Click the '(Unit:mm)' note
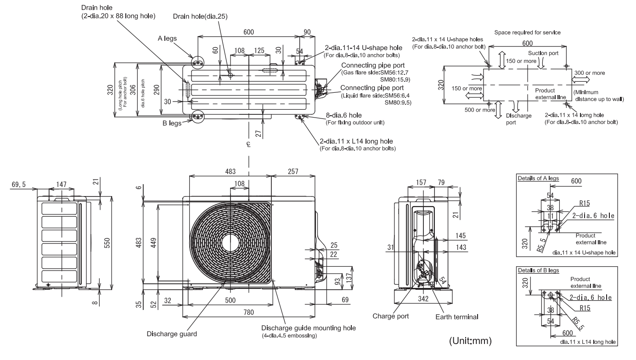[470, 341]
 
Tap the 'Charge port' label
[390, 316]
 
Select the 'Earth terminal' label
[457, 317]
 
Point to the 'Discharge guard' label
[172, 334]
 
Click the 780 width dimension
[249, 312]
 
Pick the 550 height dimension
[107, 243]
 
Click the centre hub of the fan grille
[230, 243]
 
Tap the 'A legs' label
[167, 38]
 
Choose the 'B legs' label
[172, 123]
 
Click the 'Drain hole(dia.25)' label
[200, 17]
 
